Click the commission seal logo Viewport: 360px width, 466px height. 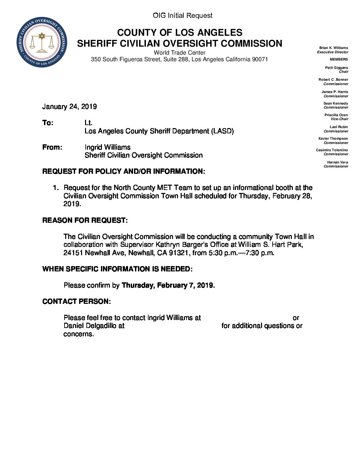coord(42,42)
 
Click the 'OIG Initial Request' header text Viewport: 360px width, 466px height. coord(182,16)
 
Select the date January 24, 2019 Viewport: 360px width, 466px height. coord(69,107)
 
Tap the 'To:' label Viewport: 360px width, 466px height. coord(48,123)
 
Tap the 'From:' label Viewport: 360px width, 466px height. coord(52,147)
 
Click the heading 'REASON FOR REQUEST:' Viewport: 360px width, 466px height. coord(85,220)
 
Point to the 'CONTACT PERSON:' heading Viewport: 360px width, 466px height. coord(76,302)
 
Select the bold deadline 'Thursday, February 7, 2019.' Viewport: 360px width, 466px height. coord(168,285)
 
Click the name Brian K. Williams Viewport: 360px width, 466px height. coord(334,48)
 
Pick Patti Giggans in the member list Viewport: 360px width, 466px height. coord(336,68)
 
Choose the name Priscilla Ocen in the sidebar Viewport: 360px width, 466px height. coord(336,115)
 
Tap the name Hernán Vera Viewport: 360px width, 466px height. coord(337,162)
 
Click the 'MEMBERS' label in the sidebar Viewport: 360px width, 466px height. coord(338,60)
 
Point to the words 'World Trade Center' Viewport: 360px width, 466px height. coord(179,53)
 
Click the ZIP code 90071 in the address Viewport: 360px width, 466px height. coord(260,60)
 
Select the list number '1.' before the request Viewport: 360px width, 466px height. coord(56,188)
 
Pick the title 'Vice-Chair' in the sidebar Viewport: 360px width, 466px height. coord(339,119)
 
